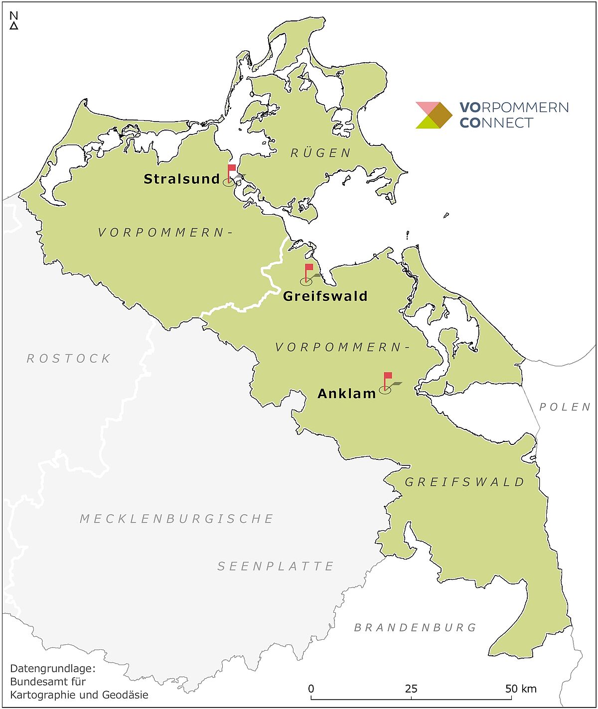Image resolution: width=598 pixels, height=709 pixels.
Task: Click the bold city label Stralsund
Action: coord(182,179)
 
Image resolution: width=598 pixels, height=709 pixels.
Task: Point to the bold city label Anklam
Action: coord(347,394)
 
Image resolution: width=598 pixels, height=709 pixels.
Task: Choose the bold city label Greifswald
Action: coord(325,296)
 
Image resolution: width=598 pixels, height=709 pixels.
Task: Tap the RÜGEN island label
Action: coord(321,153)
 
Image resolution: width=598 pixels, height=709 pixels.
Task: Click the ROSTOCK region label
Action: coord(69,359)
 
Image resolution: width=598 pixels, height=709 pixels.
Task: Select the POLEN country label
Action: coord(565,407)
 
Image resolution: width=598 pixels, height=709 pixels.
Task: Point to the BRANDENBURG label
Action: coord(416,628)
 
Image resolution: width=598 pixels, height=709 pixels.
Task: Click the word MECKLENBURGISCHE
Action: coord(177,519)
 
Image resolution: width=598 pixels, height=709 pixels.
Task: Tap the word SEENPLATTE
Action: coord(276,567)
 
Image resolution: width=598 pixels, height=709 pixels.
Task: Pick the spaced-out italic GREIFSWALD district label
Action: coord(465,482)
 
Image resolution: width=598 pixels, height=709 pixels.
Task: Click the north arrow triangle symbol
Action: coord(14,26)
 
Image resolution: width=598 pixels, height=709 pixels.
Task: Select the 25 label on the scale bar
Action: coord(411,689)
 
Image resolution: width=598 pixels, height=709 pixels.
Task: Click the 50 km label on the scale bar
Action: coord(521,689)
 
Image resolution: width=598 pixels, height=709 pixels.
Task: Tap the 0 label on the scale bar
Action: coord(311,689)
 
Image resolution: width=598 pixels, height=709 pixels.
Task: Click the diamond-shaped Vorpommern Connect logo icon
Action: coord(434,115)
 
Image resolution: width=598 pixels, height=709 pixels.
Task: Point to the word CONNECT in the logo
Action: coord(496,123)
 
